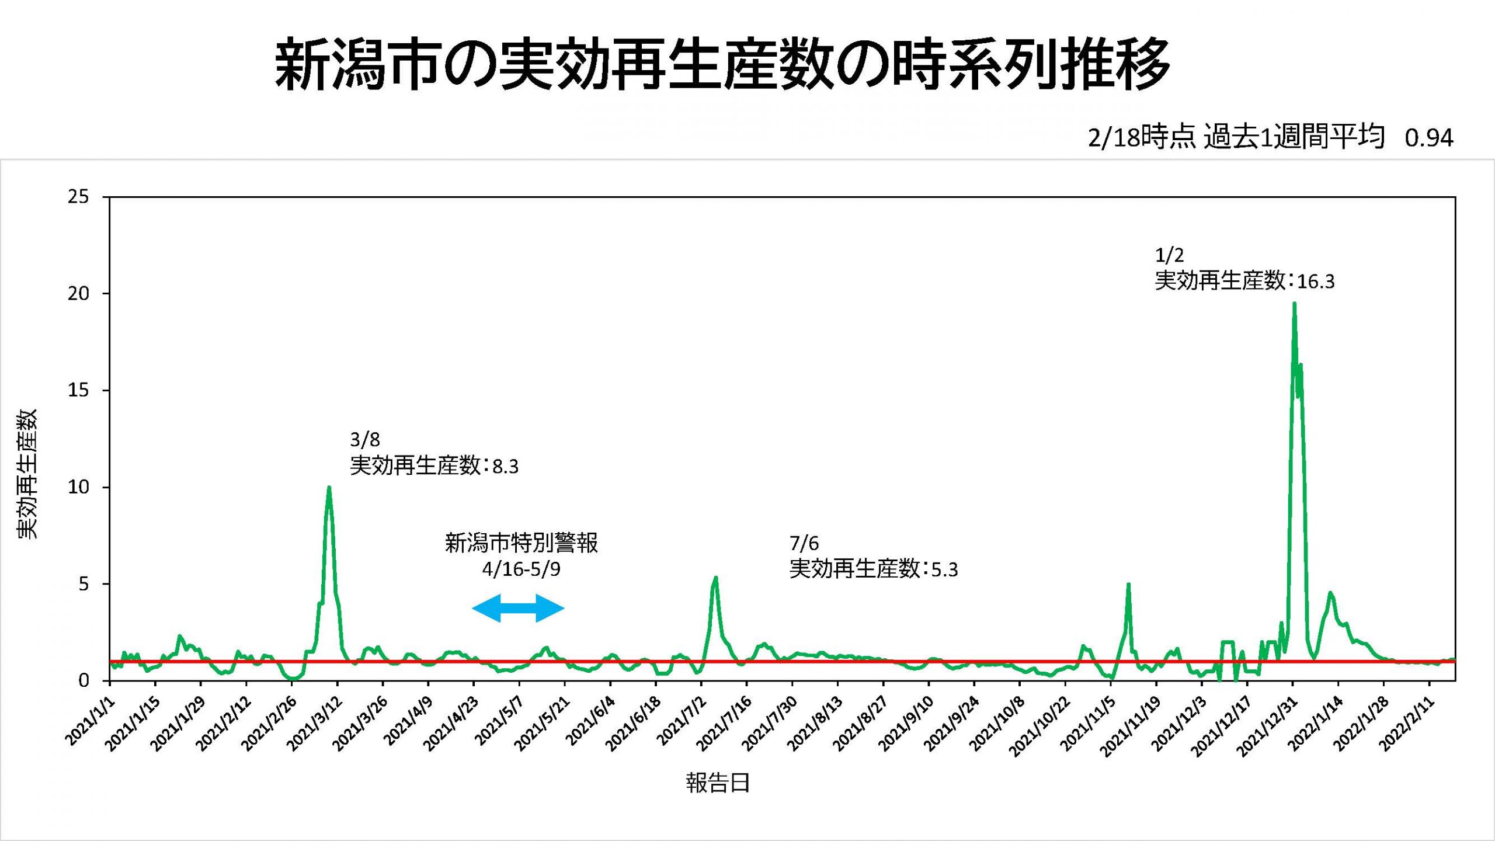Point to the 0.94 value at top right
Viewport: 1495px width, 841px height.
pos(1428,138)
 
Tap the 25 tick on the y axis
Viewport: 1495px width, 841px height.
pos(78,197)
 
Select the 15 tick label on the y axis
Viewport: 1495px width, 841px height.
pos(78,390)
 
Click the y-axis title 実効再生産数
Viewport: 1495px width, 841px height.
pos(27,474)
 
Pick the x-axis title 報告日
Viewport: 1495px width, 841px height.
pos(718,783)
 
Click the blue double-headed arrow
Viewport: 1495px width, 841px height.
pos(518,608)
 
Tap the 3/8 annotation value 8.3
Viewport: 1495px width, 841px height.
pos(505,467)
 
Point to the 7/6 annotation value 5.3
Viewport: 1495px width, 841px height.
pos(944,569)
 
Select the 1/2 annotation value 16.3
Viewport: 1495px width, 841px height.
pos(1316,282)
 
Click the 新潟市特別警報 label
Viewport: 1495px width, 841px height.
pos(521,543)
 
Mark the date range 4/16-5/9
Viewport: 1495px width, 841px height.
pos(521,569)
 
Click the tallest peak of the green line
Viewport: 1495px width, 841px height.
pos(1294,304)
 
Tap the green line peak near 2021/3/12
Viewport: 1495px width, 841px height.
pos(329,488)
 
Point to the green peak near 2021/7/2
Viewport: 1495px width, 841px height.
pos(715,578)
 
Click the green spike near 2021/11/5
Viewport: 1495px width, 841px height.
pos(1128,584)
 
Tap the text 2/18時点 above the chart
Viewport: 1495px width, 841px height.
pos(1141,138)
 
